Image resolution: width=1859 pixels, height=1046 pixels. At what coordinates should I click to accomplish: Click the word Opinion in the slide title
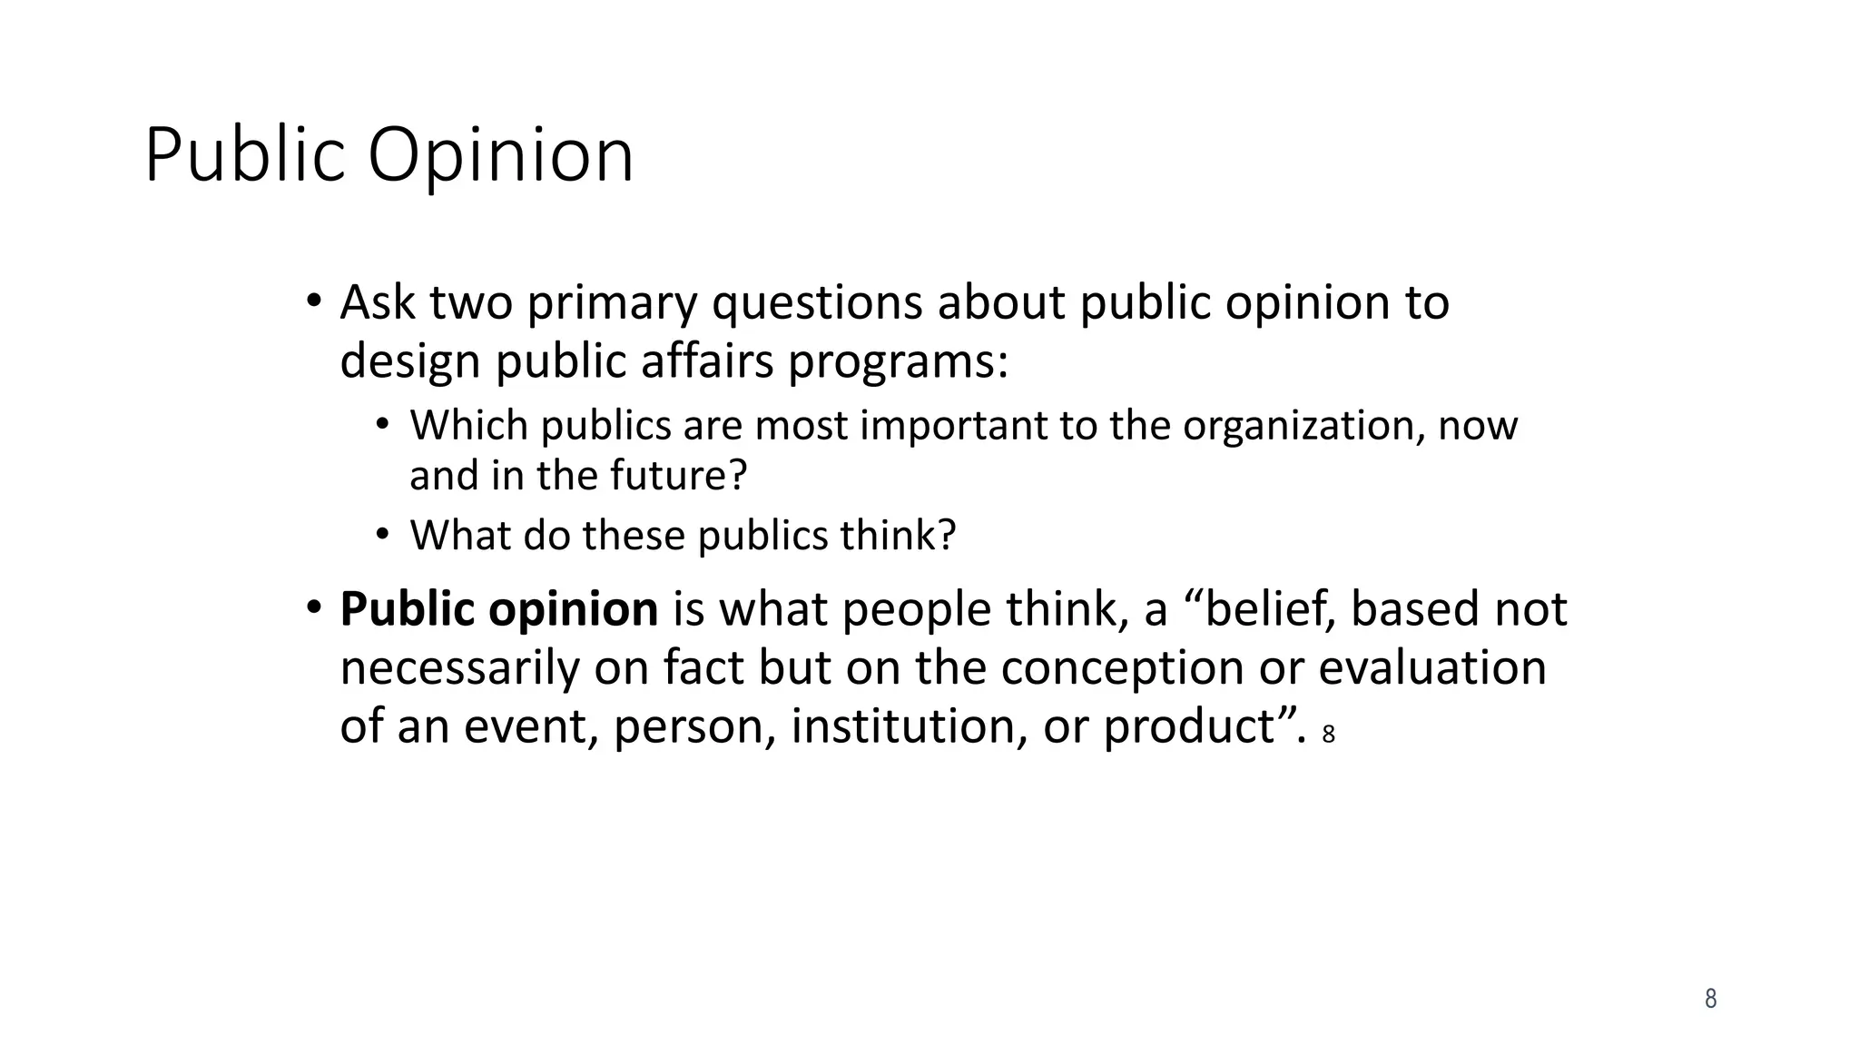pyautogui.click(x=500, y=156)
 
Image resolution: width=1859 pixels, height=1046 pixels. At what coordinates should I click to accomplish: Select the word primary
pyautogui.click(x=612, y=304)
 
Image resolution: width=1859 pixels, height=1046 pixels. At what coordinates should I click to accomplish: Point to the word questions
pyautogui.click(x=817, y=304)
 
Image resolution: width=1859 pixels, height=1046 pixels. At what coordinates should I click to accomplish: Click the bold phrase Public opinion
pyautogui.click(x=498, y=609)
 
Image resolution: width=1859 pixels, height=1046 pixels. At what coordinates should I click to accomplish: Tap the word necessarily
pyautogui.click(x=459, y=668)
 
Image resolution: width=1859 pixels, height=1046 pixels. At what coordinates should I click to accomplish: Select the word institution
pyautogui.click(x=909, y=726)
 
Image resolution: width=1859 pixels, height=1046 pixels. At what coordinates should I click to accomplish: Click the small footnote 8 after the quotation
pyautogui.click(x=1329, y=735)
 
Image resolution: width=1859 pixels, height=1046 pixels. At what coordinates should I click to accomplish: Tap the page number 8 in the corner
pyautogui.click(x=1710, y=999)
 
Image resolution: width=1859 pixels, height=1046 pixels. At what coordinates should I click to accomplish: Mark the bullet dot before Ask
pyautogui.click(x=313, y=301)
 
